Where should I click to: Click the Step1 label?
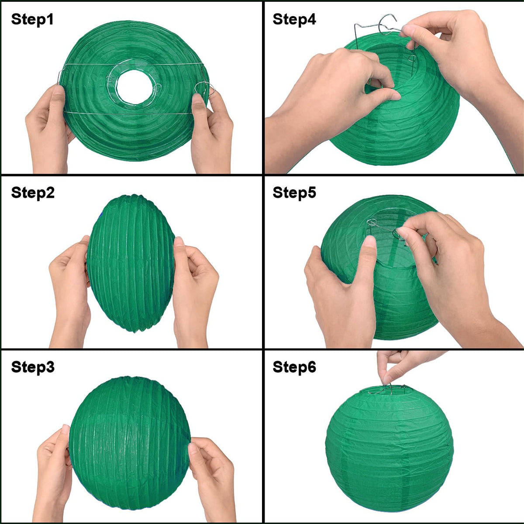(x=32, y=20)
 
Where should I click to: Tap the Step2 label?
(x=33, y=193)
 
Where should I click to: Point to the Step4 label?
(x=294, y=19)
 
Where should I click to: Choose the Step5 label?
(x=294, y=193)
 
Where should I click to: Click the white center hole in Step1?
(x=134, y=87)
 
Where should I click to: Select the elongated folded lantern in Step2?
(x=131, y=263)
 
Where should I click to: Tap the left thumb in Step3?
(x=66, y=441)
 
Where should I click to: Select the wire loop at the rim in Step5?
(x=372, y=222)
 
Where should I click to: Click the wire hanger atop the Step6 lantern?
(x=386, y=389)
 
